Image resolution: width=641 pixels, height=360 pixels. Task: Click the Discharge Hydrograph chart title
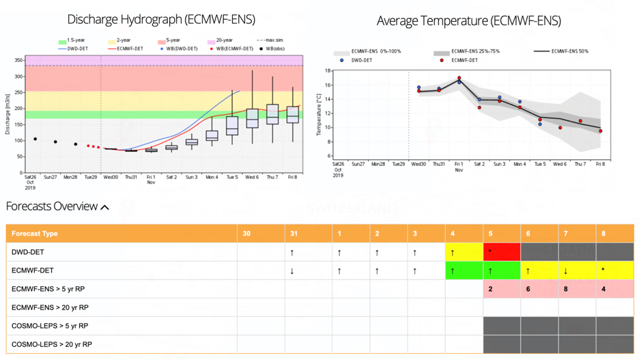153,20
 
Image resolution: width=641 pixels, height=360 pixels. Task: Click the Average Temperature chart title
468,21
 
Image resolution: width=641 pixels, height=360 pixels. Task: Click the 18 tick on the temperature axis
328,71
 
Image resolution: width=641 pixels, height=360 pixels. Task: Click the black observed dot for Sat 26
35,139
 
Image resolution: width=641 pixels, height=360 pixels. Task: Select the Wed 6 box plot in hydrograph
252,119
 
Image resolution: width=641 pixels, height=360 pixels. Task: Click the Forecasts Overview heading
52,206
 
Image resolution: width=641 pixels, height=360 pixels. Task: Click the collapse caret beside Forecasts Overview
104,207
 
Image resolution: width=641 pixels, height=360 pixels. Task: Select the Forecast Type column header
35,234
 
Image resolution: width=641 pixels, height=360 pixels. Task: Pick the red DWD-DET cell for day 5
501,252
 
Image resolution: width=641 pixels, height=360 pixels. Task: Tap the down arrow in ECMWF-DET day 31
293,271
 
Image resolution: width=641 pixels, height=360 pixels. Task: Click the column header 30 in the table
246,234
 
